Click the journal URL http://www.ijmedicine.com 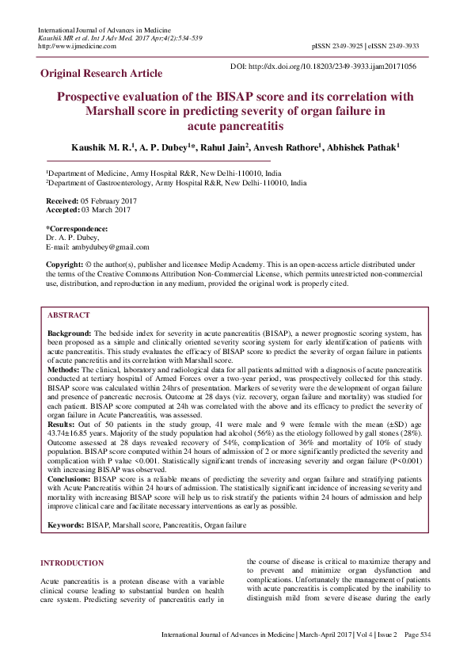point(77,46)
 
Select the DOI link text point(335,67)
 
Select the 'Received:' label point(63,202)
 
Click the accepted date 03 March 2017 point(106,210)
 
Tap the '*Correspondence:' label point(77,229)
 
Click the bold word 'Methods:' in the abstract point(64,369)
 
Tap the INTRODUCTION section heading point(72,563)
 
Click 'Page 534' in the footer point(417,635)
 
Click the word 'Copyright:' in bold point(64,263)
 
